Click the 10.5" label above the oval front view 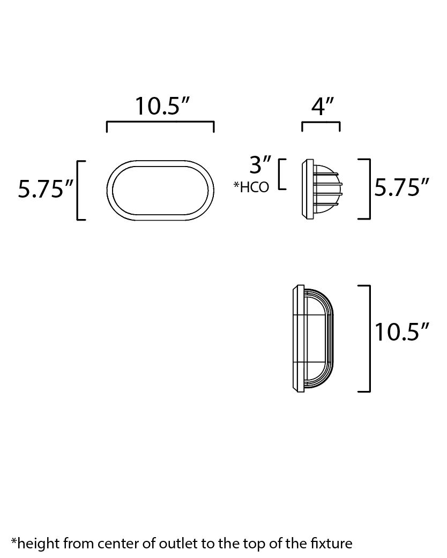click(x=162, y=106)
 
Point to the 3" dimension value click(x=260, y=165)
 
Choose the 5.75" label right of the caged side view click(x=401, y=188)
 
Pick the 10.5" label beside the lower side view click(x=401, y=332)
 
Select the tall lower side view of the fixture click(x=314, y=339)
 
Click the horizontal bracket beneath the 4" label click(x=321, y=125)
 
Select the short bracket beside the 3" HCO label click(x=281, y=174)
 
